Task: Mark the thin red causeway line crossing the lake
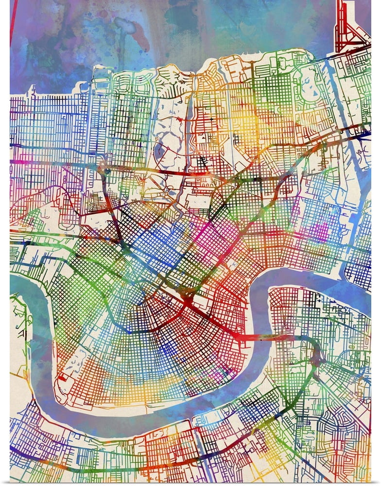pyautogui.click(x=12, y=19)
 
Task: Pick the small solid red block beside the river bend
pyautogui.click(x=62, y=377)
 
